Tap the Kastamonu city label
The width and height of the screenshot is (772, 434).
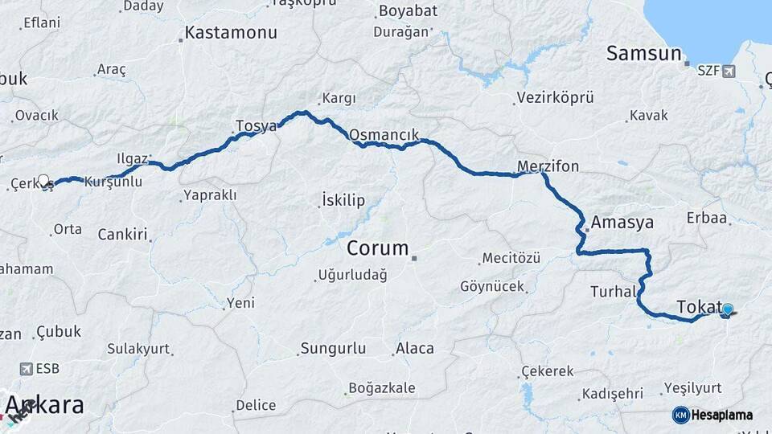231,33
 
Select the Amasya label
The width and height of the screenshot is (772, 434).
622,222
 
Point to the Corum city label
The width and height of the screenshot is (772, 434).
378,248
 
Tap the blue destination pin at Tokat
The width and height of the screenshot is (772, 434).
728,309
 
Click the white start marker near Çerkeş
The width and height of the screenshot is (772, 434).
43,181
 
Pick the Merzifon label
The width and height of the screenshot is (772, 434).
548,166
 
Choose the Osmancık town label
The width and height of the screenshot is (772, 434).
384,133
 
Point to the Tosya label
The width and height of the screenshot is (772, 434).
256,126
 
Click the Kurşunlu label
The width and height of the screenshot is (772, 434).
113,182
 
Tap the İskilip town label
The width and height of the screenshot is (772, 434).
343,199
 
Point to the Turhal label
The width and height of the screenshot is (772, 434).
614,291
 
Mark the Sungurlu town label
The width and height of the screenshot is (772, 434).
332,348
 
